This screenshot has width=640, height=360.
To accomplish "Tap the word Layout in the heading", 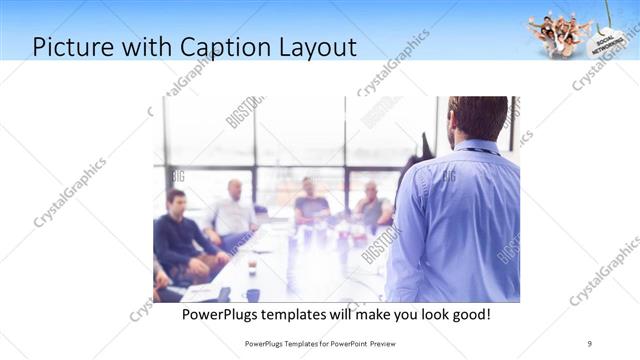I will click(x=316, y=47).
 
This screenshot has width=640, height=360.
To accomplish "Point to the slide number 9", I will click(x=589, y=343).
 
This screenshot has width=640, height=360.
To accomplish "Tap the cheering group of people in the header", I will click(x=556, y=33).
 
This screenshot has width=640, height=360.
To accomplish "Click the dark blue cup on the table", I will click(x=253, y=295).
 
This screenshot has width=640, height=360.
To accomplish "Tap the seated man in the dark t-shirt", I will click(x=311, y=205).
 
